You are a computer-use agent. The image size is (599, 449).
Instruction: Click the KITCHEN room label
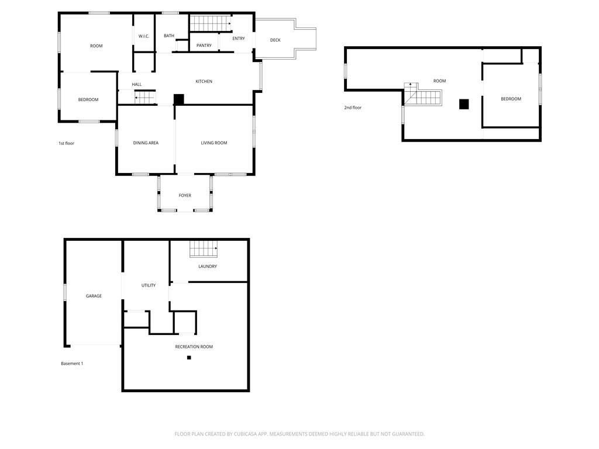[x=204, y=81]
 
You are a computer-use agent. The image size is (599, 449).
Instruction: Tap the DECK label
[x=275, y=40]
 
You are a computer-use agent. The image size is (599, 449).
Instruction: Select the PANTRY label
[x=204, y=46]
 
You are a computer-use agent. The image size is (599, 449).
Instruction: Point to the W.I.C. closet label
[x=144, y=36]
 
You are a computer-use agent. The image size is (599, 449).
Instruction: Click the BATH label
[x=169, y=36]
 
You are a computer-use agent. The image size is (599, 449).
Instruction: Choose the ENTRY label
[x=239, y=39]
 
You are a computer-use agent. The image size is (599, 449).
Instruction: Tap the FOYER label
[x=185, y=195]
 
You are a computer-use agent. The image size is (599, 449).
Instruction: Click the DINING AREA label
[x=146, y=143]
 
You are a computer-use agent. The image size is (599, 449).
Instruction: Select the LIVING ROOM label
[x=214, y=143]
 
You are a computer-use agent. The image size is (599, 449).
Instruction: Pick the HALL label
[x=136, y=84]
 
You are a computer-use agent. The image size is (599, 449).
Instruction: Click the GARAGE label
[x=94, y=296]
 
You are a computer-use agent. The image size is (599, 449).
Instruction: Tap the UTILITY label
[x=149, y=285]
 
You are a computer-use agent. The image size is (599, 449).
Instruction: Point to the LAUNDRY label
[x=208, y=267]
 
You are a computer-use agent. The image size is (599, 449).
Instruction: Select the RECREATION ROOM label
[x=194, y=347]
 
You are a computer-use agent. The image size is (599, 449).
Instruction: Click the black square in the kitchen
[x=179, y=99]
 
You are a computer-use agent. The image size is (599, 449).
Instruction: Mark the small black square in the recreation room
[x=189, y=358]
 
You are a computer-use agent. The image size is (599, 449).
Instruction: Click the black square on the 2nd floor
[x=464, y=104]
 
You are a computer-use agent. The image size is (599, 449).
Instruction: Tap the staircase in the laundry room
[x=204, y=249]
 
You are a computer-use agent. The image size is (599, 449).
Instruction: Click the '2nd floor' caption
[x=353, y=108]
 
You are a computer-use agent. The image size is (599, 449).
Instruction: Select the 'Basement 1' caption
[x=72, y=364]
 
